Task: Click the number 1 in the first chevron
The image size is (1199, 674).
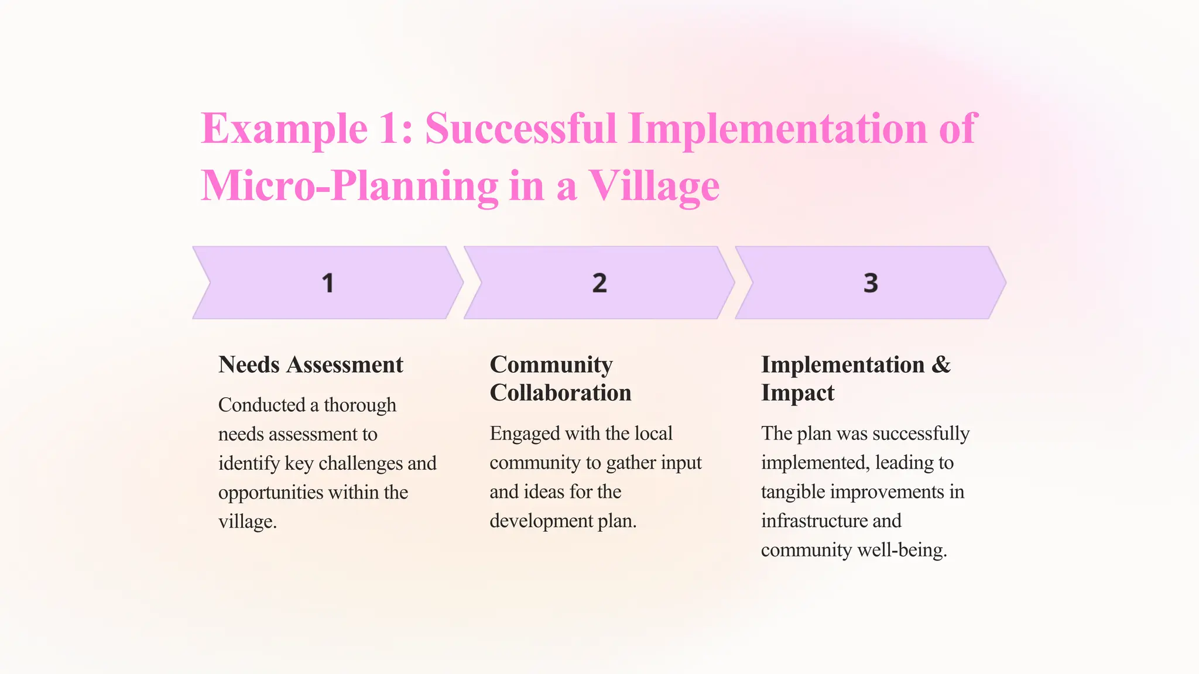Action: (x=328, y=283)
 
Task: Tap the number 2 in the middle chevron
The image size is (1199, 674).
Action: (x=599, y=283)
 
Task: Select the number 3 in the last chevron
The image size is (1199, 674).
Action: (x=871, y=283)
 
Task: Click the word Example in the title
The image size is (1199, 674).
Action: (x=284, y=129)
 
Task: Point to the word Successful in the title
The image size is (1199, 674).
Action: (x=520, y=129)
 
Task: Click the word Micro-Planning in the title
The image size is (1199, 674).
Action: (x=350, y=186)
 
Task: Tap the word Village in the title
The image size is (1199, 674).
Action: (x=653, y=186)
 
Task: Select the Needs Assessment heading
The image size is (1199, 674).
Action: (x=310, y=364)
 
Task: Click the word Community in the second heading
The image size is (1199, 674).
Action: (x=551, y=364)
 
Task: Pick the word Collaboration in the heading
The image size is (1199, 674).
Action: (x=560, y=393)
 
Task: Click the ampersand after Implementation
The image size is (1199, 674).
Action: (x=941, y=364)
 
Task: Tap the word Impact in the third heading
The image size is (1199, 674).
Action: (x=797, y=393)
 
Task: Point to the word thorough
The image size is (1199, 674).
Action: (x=359, y=405)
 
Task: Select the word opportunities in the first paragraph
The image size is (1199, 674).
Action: (x=270, y=492)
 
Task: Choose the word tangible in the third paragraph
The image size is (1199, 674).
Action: (x=793, y=491)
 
